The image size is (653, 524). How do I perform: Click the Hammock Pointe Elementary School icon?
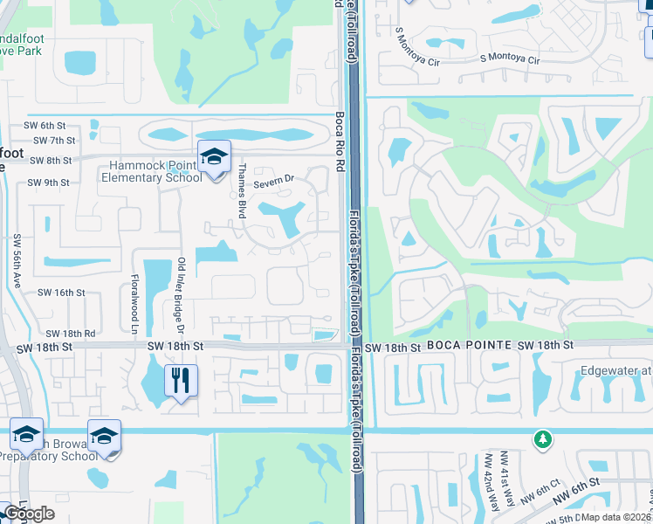[214, 158]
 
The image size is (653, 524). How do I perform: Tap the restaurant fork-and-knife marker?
[182, 381]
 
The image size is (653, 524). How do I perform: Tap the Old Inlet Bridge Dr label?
[182, 295]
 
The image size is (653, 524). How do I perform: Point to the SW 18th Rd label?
[70, 334]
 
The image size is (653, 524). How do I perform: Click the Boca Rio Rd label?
[340, 144]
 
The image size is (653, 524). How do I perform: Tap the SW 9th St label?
[48, 183]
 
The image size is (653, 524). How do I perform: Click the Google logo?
[30, 514]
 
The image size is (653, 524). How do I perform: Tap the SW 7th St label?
[54, 140]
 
